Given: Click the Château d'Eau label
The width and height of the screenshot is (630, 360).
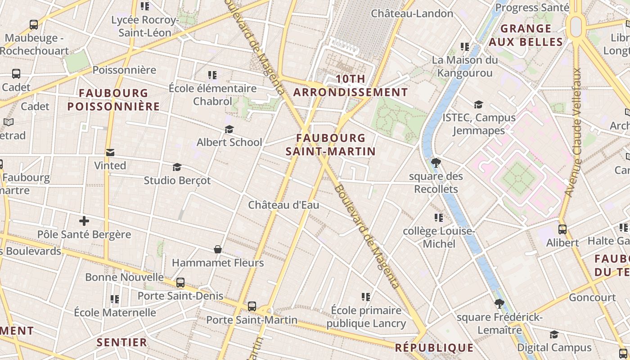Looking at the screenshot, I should click(x=283, y=205).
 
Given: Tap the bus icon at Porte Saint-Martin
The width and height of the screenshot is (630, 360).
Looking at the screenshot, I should click(x=252, y=306).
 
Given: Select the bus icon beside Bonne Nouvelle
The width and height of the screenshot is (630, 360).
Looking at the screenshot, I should click(x=180, y=283).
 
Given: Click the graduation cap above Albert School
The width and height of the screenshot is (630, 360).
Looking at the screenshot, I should click(x=229, y=130).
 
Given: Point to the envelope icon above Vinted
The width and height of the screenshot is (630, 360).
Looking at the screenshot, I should click(x=110, y=153).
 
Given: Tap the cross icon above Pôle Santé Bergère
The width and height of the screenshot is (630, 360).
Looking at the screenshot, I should click(x=84, y=221).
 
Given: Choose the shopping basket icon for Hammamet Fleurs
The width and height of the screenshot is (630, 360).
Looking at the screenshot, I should click(x=218, y=249).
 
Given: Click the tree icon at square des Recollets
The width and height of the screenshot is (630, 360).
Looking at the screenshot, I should click(x=436, y=163).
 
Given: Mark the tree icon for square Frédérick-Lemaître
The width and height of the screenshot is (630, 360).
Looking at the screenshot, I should click(x=499, y=304).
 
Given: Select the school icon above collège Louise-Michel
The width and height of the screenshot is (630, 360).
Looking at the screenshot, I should click(x=439, y=218).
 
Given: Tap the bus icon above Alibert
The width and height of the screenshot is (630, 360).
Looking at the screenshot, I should click(x=562, y=229).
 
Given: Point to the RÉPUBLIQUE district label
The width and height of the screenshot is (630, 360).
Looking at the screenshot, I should click(x=434, y=348).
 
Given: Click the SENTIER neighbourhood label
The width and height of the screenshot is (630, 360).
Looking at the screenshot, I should click(x=121, y=342).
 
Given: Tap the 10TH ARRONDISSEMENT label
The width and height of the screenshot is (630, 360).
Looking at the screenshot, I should click(x=351, y=85).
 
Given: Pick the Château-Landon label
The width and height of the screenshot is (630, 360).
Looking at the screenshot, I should click(x=412, y=13).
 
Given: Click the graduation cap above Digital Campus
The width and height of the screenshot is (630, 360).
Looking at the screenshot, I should click(x=554, y=334).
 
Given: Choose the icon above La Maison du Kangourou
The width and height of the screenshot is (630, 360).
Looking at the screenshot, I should click(x=465, y=46).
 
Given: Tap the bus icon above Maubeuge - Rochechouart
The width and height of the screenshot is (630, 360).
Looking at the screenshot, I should click(x=34, y=25).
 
